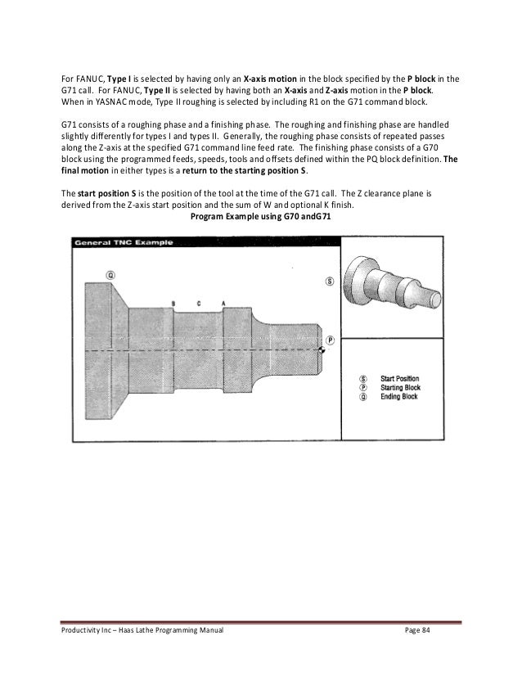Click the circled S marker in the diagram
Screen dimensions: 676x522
click(x=330, y=281)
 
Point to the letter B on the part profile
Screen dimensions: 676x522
click(x=173, y=304)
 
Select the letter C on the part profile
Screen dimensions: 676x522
click(x=199, y=304)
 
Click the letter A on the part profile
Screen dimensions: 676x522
click(x=223, y=304)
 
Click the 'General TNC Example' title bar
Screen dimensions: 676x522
click(x=123, y=243)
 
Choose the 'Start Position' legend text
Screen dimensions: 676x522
click(x=400, y=379)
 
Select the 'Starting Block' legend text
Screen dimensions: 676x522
click(x=401, y=388)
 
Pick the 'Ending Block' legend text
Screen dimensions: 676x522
click(x=398, y=397)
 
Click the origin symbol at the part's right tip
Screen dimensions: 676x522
click(x=322, y=350)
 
